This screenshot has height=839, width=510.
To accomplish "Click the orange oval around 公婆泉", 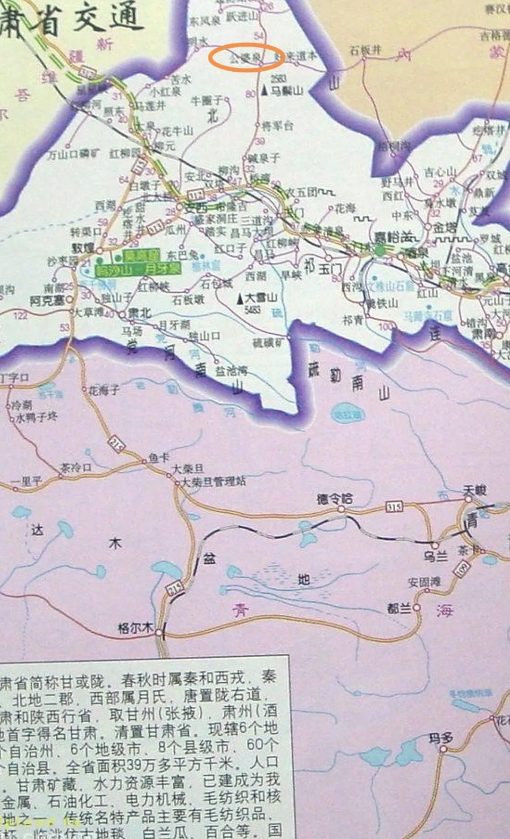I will click(x=246, y=58).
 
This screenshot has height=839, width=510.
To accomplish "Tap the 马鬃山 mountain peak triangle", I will click(x=264, y=91).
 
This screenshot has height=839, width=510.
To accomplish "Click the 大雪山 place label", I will click(x=261, y=298).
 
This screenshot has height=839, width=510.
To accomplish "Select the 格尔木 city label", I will click(x=135, y=628).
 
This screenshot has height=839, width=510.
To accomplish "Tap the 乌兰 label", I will click(x=435, y=557).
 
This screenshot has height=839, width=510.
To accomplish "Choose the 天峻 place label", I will click(x=474, y=491).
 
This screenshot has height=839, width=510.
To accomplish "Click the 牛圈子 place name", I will click(x=206, y=101).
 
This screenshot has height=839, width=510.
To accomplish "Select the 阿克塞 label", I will click(x=47, y=300).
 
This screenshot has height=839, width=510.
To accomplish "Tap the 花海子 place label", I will click(x=104, y=390).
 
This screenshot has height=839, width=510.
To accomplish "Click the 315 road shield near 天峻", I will click(x=394, y=507).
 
